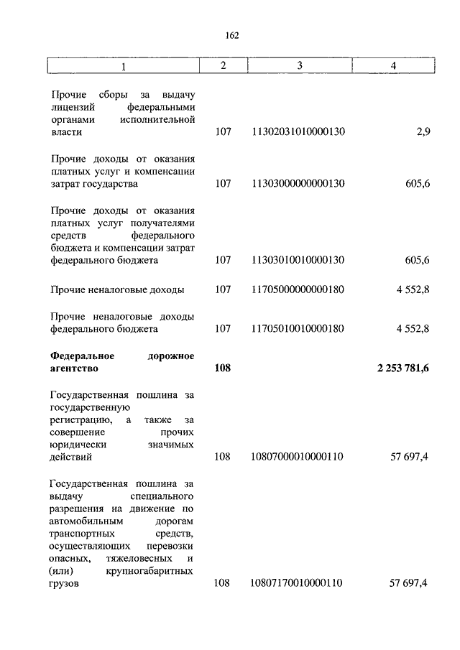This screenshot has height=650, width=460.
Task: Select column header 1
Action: click(124, 67)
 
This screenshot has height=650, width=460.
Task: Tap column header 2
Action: click(223, 66)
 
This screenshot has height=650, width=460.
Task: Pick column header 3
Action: click(298, 66)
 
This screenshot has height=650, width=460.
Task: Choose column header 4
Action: click(393, 66)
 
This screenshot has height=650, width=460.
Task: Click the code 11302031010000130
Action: click(298, 133)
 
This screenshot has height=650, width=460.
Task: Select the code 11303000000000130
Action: click(298, 184)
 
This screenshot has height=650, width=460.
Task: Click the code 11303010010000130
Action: click(298, 261)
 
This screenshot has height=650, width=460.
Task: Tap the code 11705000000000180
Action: click(298, 290)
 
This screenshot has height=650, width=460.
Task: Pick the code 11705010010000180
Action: click(298, 329)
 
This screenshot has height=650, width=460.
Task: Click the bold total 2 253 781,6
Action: click(402, 369)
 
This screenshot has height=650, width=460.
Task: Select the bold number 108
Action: click(223, 369)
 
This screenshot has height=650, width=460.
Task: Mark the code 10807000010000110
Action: click(298, 457)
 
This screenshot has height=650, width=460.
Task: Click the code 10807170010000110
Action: click(298, 584)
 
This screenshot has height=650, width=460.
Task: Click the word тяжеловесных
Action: click(137, 558)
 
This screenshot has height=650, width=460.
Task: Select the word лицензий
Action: click(70, 107)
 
